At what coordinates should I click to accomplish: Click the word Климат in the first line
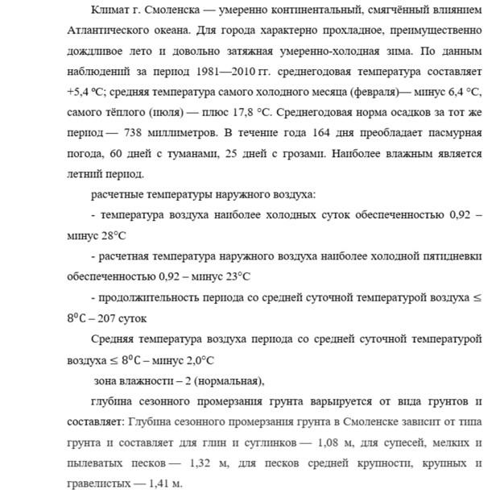(112, 11)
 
